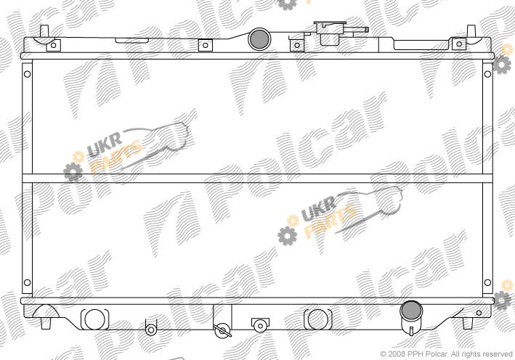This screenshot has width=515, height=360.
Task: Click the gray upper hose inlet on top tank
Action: click(259, 39)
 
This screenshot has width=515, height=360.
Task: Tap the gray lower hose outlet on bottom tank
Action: click(411, 311)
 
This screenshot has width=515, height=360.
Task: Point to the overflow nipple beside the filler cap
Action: click(358, 30)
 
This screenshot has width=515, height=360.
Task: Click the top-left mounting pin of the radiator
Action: click(44, 31)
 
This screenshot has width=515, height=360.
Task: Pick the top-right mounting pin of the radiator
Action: click(471, 31)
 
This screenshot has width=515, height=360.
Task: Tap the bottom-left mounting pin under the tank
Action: click(46, 323)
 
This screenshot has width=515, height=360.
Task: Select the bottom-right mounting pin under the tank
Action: click(467, 323)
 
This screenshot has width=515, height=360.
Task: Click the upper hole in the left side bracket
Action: click(28, 74)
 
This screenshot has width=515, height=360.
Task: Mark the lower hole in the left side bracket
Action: click(28, 282)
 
